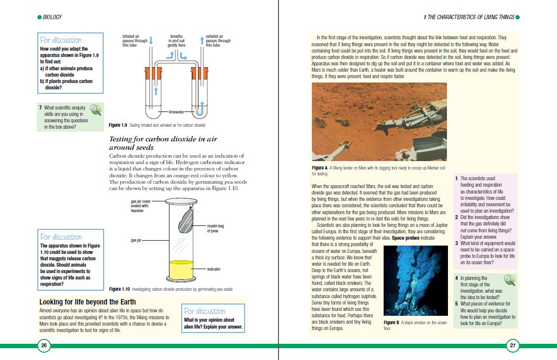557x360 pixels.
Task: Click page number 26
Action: click(x=44, y=346)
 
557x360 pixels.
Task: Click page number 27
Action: click(x=512, y=346)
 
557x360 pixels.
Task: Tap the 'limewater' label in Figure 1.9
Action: click(x=175, y=112)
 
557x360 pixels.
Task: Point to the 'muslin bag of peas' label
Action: click(x=216, y=228)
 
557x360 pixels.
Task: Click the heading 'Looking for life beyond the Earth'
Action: click(x=87, y=302)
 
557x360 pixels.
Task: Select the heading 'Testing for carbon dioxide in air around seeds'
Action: click(x=163, y=143)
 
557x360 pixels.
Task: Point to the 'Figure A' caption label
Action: click(x=320, y=168)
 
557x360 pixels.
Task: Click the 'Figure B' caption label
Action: click(x=391, y=323)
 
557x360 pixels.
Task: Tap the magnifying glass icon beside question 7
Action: click(x=96, y=111)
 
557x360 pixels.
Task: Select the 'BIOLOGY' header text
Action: click(x=53, y=17)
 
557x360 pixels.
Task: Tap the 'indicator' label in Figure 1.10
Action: click(x=213, y=269)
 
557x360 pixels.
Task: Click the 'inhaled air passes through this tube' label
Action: click(x=135, y=41)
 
